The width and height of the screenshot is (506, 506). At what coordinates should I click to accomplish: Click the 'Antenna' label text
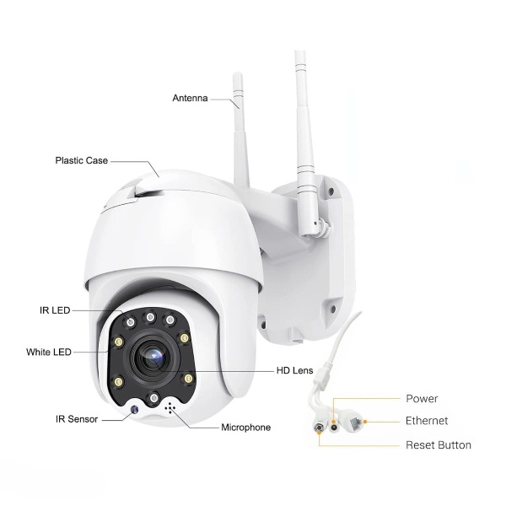click(190, 98)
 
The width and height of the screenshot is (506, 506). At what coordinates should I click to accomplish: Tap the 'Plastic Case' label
click(81, 160)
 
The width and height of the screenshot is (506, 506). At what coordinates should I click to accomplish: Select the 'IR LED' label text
click(55, 310)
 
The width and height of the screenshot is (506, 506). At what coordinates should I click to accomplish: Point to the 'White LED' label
click(49, 352)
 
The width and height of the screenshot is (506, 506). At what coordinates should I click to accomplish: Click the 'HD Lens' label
click(294, 370)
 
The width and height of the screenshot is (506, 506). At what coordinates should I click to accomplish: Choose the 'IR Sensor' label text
click(77, 419)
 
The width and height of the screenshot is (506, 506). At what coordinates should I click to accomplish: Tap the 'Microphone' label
click(246, 428)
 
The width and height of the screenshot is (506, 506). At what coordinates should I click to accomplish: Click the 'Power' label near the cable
click(422, 399)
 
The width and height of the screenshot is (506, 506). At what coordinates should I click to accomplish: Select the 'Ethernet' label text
click(427, 421)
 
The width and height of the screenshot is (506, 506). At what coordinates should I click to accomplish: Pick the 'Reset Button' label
click(439, 445)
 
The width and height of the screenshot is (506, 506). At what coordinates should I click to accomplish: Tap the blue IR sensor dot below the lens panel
click(134, 410)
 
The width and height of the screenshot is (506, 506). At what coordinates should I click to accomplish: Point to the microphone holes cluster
click(170, 409)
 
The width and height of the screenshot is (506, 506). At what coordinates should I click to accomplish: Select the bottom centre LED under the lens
click(154, 397)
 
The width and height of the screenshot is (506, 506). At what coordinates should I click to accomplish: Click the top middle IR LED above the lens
click(150, 317)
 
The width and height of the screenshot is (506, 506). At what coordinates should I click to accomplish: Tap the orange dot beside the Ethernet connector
click(365, 422)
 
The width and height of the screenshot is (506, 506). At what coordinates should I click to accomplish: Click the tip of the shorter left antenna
click(237, 74)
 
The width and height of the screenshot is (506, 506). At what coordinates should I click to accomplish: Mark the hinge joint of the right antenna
click(320, 223)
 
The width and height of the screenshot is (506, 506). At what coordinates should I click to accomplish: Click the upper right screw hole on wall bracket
click(330, 191)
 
